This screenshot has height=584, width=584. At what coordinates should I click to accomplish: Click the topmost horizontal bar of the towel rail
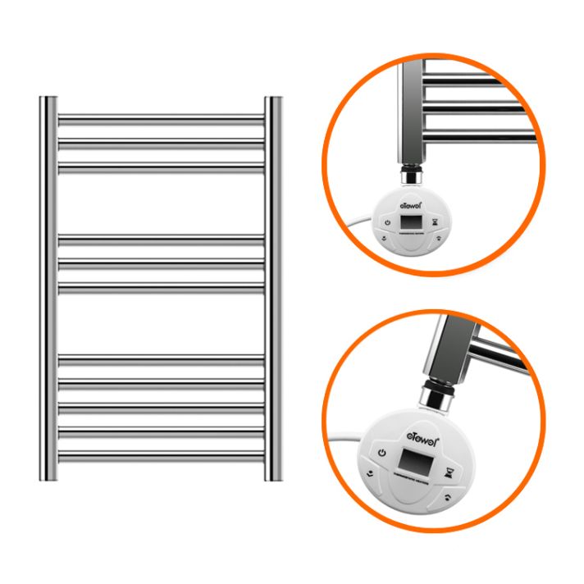coord(161,120)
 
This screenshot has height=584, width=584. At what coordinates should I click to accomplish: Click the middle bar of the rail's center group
coord(161,264)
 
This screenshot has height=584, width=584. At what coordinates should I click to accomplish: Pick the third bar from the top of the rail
coord(161,167)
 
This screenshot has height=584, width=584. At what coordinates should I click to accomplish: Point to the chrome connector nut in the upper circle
coord(410,176)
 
